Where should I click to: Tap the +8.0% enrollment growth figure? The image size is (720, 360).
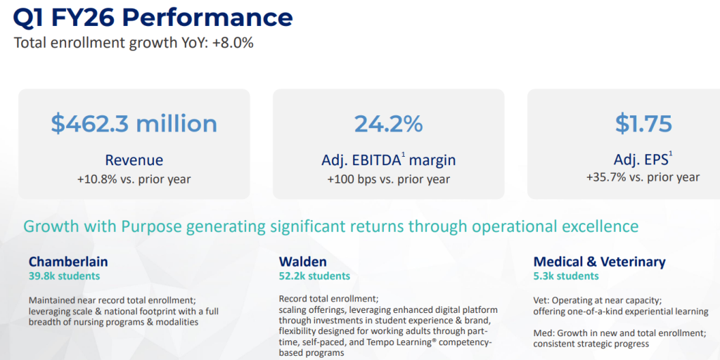[x=233, y=42]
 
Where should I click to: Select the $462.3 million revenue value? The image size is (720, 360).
[x=134, y=124]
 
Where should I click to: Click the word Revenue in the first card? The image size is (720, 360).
[x=134, y=160]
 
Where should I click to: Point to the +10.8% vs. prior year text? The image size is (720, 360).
[x=134, y=179]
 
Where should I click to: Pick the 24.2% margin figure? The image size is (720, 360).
[x=388, y=124]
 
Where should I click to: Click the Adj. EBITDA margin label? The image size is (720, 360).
[x=388, y=160]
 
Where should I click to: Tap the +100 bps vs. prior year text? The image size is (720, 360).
[x=388, y=179]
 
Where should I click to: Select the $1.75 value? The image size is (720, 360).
[x=643, y=124]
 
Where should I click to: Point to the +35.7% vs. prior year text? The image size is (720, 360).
[x=643, y=177]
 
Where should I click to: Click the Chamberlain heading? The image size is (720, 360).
[x=68, y=262]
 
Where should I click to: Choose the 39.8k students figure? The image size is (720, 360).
[x=64, y=276]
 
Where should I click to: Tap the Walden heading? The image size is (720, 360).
[x=302, y=262]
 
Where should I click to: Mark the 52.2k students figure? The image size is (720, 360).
[x=314, y=276]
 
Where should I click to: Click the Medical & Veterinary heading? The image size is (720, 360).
[x=599, y=262]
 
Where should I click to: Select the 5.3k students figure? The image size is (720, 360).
[x=566, y=276]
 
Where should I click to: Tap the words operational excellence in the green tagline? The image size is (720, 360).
[x=555, y=226]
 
